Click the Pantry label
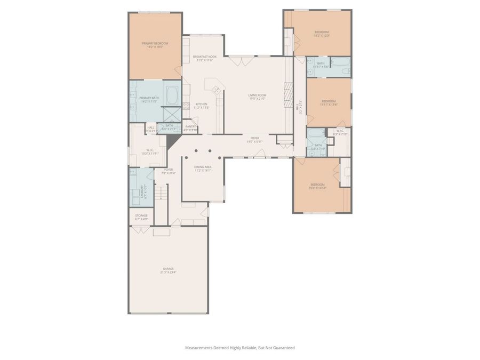(190, 126)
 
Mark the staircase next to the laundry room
(162, 191)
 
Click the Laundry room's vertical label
(142, 191)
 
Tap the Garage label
(168, 268)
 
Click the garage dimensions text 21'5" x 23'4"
(168, 273)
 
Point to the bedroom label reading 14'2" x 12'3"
(322, 36)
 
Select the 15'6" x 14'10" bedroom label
(318, 188)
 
